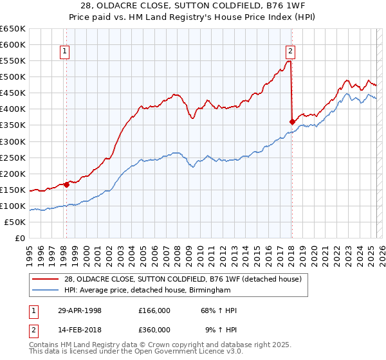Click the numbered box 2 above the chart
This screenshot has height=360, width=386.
(291, 52)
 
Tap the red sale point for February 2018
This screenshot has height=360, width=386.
(292, 121)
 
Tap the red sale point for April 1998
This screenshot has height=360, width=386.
(66, 184)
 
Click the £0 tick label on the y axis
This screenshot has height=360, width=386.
(20, 238)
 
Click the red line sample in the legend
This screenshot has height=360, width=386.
(45, 279)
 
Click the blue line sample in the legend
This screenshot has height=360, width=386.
(45, 291)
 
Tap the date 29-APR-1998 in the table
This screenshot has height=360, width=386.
(79, 310)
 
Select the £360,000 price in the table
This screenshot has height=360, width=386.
(154, 329)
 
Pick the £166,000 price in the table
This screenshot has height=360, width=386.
(154, 310)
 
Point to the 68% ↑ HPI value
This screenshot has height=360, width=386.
(219, 310)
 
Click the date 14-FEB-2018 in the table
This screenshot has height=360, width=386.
(79, 329)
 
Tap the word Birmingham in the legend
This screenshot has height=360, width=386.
(208, 291)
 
